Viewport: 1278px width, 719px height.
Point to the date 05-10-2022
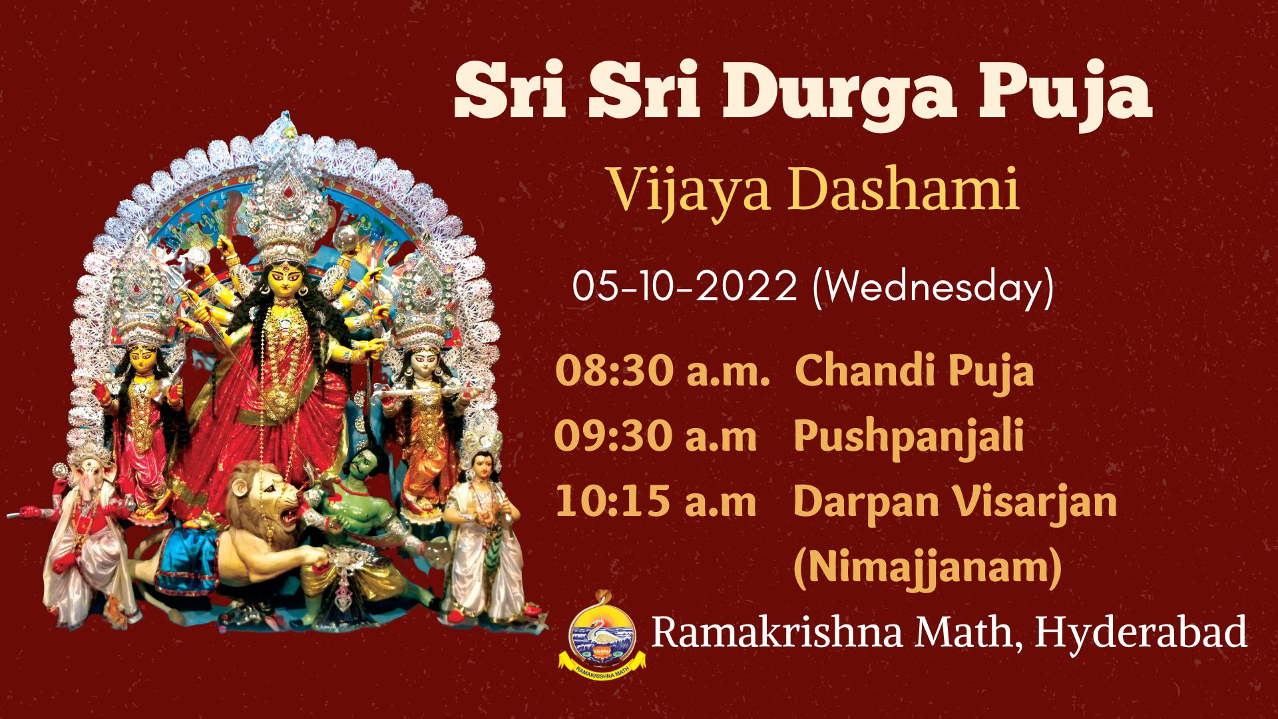(x=684, y=287)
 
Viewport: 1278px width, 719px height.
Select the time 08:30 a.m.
(x=662, y=371)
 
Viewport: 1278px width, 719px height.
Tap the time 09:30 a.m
(x=656, y=437)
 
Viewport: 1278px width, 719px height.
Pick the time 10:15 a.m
(x=656, y=502)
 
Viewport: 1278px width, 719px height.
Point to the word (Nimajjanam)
(x=927, y=568)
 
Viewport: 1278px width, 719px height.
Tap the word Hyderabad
(x=1140, y=632)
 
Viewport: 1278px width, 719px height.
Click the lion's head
(x=263, y=496)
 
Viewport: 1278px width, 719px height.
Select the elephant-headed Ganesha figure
(x=87, y=533)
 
